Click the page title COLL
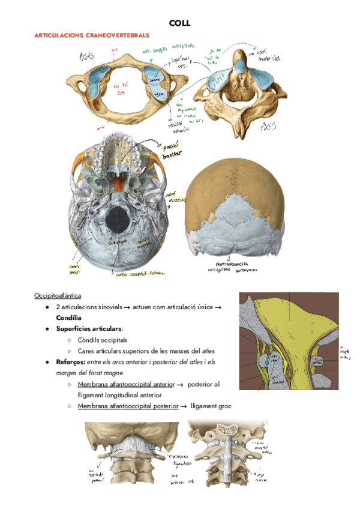(x=180, y=23)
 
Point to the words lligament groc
(x=211, y=406)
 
